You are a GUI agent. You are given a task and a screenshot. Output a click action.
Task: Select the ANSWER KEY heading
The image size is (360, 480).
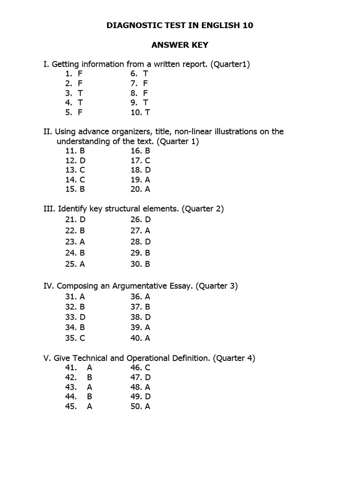[180, 45]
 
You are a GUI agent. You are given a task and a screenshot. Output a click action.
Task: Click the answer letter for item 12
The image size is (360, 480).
[82, 160]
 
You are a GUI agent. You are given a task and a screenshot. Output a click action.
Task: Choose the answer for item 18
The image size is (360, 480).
[148, 170]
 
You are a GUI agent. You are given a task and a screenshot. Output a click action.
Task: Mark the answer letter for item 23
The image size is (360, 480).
[82, 242]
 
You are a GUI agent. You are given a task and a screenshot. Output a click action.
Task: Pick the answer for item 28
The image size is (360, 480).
[148, 242]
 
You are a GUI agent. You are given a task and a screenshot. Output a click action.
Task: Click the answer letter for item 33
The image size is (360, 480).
[82, 316]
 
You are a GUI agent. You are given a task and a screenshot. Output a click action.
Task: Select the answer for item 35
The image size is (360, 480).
[82, 338]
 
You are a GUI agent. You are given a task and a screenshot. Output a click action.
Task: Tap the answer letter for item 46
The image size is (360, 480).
[148, 367]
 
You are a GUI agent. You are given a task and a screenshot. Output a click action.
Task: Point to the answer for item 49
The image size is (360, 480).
[148, 397]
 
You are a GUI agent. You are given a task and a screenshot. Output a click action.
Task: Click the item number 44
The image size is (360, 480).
[71, 397]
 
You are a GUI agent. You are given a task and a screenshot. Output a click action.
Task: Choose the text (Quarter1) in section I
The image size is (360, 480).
[230, 64]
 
